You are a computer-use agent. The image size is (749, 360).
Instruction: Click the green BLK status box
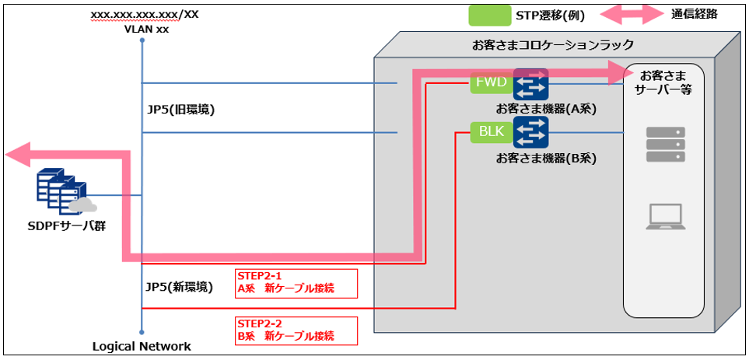[x=491, y=132]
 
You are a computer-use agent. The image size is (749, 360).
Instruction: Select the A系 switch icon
[x=531, y=83]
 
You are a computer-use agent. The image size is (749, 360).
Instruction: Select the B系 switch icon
[x=531, y=132]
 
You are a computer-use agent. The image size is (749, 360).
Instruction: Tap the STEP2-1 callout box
[x=296, y=283]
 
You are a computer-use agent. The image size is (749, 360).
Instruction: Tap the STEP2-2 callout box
[x=296, y=330]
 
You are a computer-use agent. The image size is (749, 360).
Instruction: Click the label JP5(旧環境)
[x=180, y=110]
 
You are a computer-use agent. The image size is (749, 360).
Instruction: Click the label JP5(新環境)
[x=180, y=287]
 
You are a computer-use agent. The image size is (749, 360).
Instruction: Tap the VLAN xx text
[x=146, y=29]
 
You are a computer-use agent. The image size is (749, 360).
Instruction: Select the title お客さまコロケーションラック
[x=553, y=45]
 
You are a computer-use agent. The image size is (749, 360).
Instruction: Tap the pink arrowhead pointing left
[x=17, y=154]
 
